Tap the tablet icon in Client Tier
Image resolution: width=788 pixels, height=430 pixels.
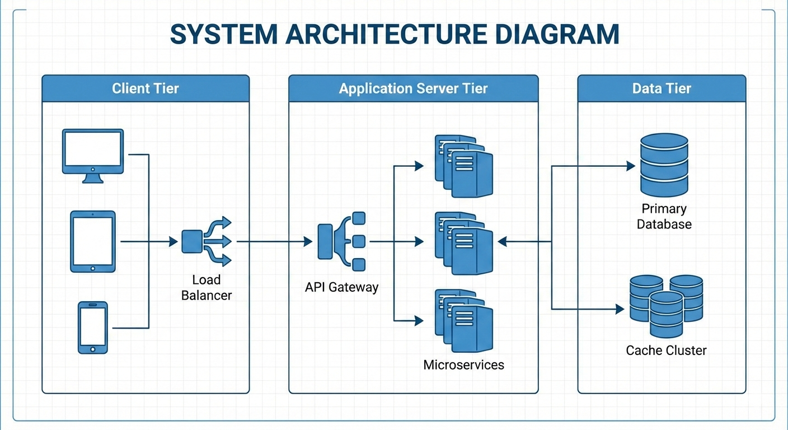point(92,241)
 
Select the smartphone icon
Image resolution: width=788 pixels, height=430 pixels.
point(92,328)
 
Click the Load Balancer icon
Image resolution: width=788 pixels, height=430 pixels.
point(206,241)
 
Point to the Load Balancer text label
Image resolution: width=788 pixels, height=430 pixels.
point(206,287)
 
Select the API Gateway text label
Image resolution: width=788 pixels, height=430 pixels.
point(341,287)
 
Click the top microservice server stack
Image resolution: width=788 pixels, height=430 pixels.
point(464,166)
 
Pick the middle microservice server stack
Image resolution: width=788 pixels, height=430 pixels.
point(464,243)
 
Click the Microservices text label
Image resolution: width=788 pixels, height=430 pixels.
point(463,365)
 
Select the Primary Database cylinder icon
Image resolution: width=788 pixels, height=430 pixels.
point(664,165)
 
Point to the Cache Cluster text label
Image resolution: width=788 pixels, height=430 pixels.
point(666,350)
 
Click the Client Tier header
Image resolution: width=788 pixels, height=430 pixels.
point(146,88)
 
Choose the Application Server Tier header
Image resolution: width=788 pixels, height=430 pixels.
point(413,88)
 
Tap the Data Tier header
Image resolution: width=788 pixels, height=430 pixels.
point(662,88)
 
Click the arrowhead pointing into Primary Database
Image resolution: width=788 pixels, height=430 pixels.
point(630,166)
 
